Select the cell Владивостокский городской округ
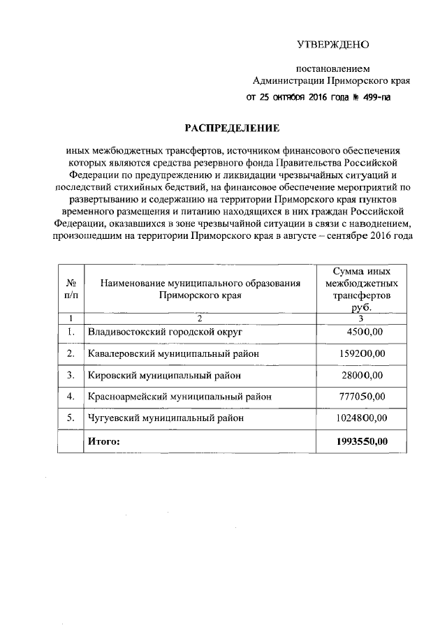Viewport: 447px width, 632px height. tap(164, 332)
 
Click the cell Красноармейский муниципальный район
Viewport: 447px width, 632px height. tap(179, 397)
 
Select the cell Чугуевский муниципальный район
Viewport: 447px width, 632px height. tap(167, 419)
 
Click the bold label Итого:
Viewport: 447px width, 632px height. tap(104, 441)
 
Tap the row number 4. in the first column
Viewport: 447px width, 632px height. tap(71, 397)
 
